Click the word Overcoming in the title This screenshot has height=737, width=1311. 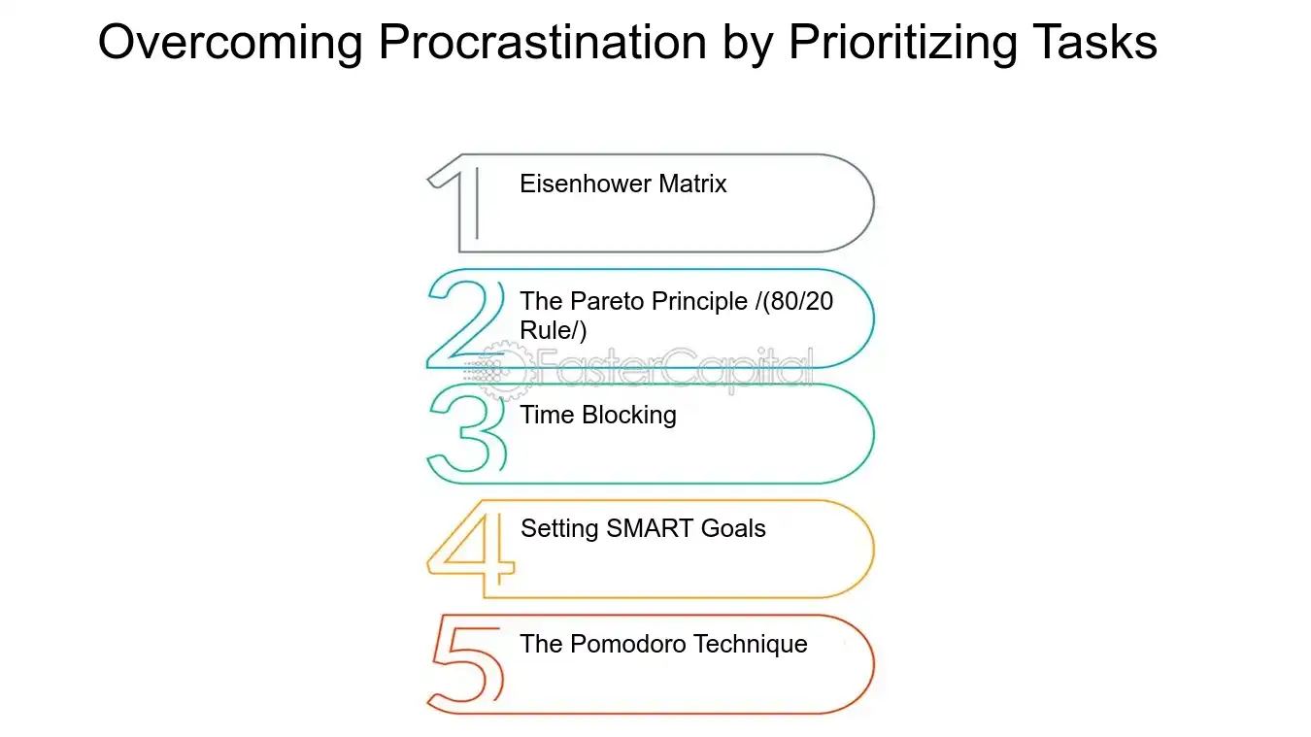(x=231, y=43)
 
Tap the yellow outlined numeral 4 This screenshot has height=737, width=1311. (x=471, y=549)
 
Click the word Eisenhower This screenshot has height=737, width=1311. (x=587, y=184)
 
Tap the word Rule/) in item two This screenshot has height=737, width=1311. (x=554, y=330)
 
